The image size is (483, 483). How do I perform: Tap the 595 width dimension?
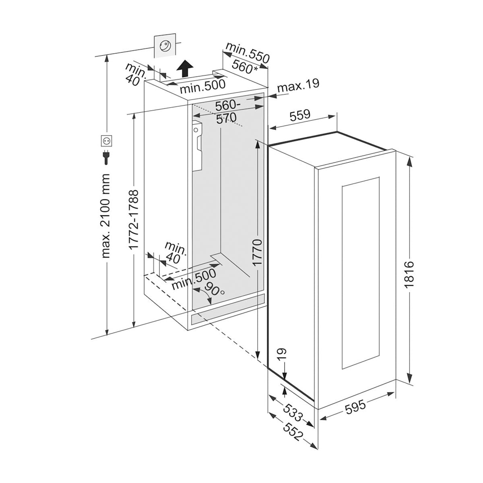pyautogui.click(x=356, y=406)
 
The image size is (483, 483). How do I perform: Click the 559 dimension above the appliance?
pyautogui.click(x=300, y=115)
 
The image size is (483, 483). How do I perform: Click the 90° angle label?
pyautogui.click(x=213, y=288)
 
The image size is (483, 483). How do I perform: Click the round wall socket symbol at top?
pyautogui.click(x=165, y=46)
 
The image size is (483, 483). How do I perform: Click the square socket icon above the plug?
pyautogui.click(x=106, y=141)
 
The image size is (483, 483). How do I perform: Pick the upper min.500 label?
pyautogui.click(x=202, y=85)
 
